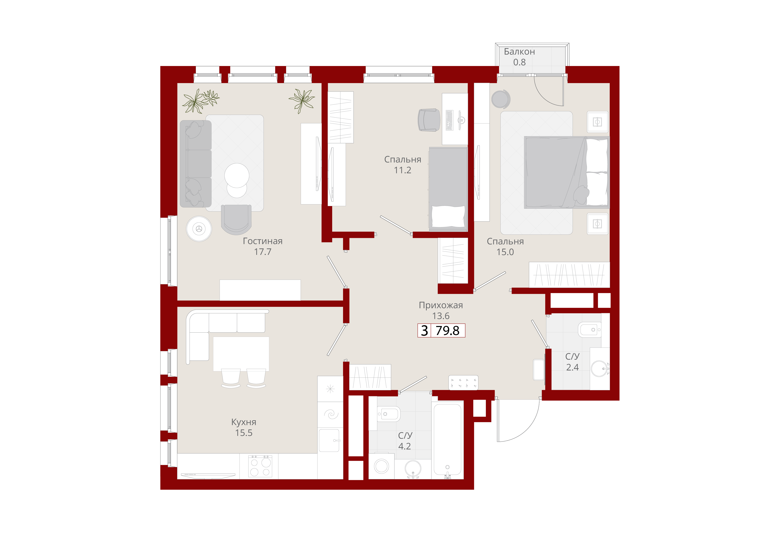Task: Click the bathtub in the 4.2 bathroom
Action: click(x=447, y=440)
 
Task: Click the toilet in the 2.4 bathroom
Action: click(x=590, y=330)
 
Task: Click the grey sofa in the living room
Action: click(x=196, y=164)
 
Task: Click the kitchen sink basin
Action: click(x=329, y=440)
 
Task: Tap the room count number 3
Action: click(x=424, y=331)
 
